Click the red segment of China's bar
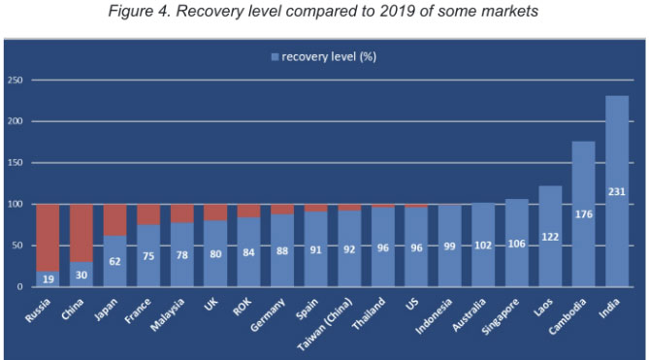pos(81,227)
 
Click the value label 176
pos(583,215)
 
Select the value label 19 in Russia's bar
pos(49,278)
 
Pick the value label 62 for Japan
pos(115,261)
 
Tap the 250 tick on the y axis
pos(15,81)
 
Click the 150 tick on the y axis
pos(15,163)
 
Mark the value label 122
pos(550,237)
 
